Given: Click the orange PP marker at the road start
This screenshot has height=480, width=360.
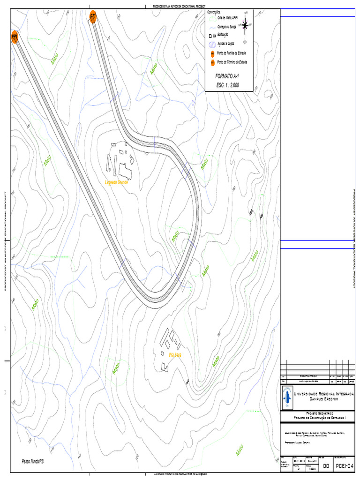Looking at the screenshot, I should pos(15,37).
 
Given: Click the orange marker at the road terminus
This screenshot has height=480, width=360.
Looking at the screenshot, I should pos(93,16).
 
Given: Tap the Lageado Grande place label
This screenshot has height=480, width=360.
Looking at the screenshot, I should pos(117,182).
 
